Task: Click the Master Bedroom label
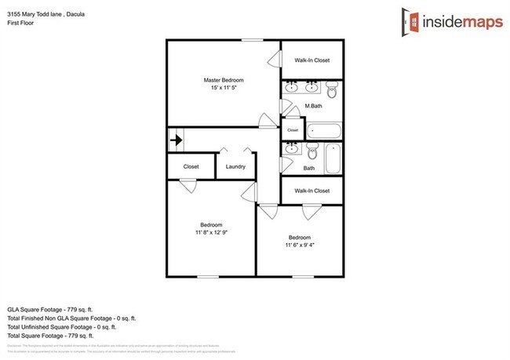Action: point(224,80)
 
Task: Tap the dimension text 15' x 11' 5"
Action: point(224,88)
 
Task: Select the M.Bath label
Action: point(313,106)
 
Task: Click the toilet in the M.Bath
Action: point(331,90)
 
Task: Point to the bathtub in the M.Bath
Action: point(323,129)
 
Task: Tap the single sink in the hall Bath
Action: point(291,147)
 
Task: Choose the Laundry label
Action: point(235,166)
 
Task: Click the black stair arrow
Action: point(177,141)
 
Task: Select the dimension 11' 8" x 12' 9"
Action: point(211,232)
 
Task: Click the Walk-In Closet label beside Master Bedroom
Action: point(311,60)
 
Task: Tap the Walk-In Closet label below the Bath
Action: point(311,191)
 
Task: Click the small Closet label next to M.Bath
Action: point(293,129)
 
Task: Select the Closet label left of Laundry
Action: point(191,166)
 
